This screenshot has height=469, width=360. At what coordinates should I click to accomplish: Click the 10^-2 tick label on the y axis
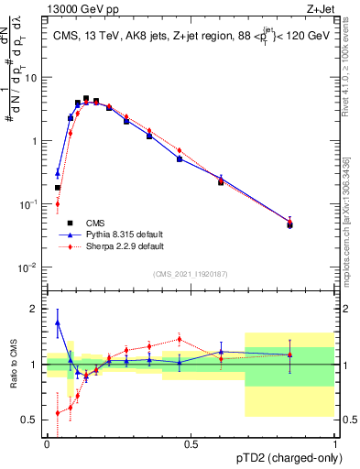click(x=30, y=267)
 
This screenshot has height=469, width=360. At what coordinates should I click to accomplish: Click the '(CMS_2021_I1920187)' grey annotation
click(x=190, y=273)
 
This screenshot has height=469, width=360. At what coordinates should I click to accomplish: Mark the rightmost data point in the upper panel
click(x=290, y=224)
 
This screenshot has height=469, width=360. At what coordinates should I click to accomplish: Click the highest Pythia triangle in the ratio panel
click(x=58, y=322)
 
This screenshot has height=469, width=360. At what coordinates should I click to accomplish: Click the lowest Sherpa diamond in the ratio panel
click(x=58, y=413)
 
